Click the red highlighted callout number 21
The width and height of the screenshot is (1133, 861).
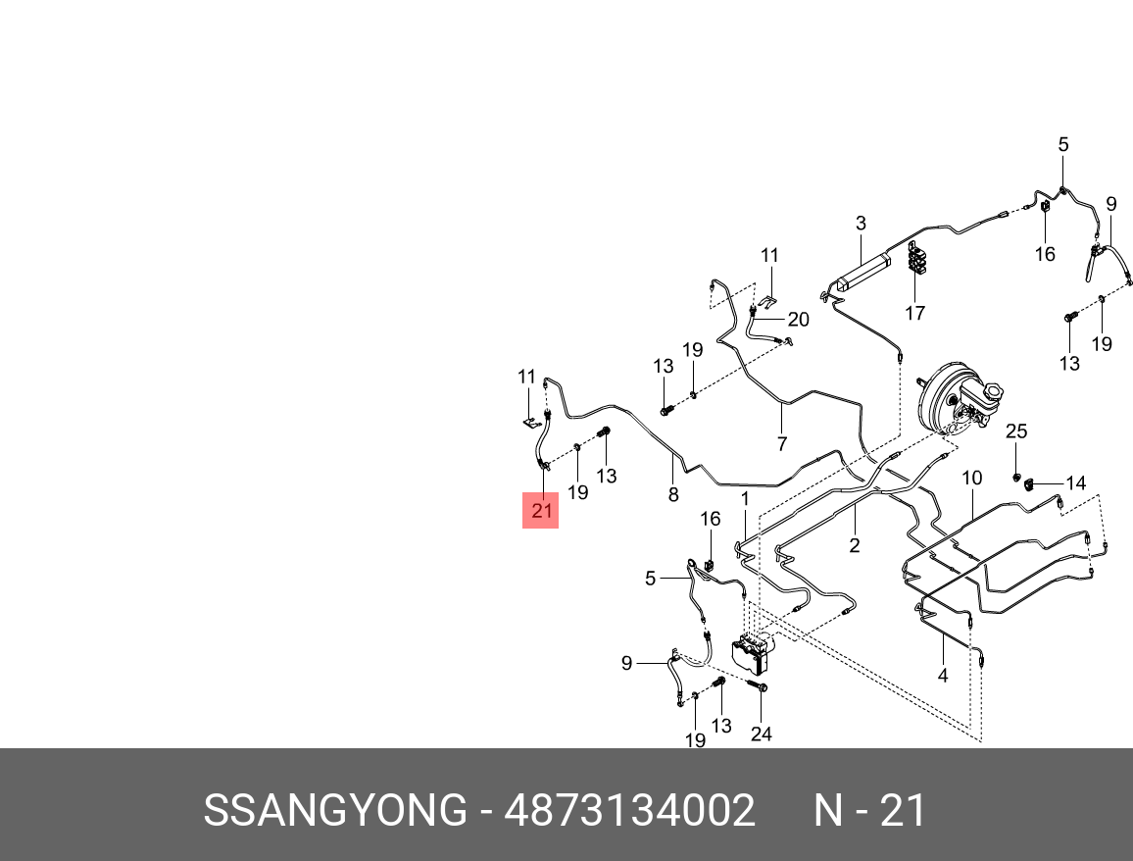pyautogui.click(x=541, y=510)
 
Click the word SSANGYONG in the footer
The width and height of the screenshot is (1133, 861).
pyautogui.click(x=335, y=811)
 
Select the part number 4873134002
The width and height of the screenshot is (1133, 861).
pyautogui.click(x=629, y=811)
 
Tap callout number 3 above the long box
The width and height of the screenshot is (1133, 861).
pyautogui.click(x=861, y=224)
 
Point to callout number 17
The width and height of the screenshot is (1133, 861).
pyautogui.click(x=914, y=314)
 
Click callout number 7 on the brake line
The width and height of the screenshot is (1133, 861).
pyautogui.click(x=781, y=443)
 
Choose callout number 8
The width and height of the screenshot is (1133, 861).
pyautogui.click(x=673, y=495)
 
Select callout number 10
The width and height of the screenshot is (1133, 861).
pyautogui.click(x=971, y=479)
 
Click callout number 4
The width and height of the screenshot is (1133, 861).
pyautogui.click(x=943, y=676)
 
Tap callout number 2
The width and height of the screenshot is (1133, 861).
pyautogui.click(x=855, y=546)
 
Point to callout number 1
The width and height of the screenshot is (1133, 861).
pyautogui.click(x=745, y=499)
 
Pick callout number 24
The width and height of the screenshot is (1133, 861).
pyautogui.click(x=762, y=734)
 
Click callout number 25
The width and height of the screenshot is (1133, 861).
pyautogui.click(x=1016, y=431)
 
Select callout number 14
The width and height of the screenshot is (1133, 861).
pyautogui.click(x=1075, y=482)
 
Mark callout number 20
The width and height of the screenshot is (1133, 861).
pyautogui.click(x=798, y=320)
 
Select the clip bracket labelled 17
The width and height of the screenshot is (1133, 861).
pyautogui.click(x=918, y=261)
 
